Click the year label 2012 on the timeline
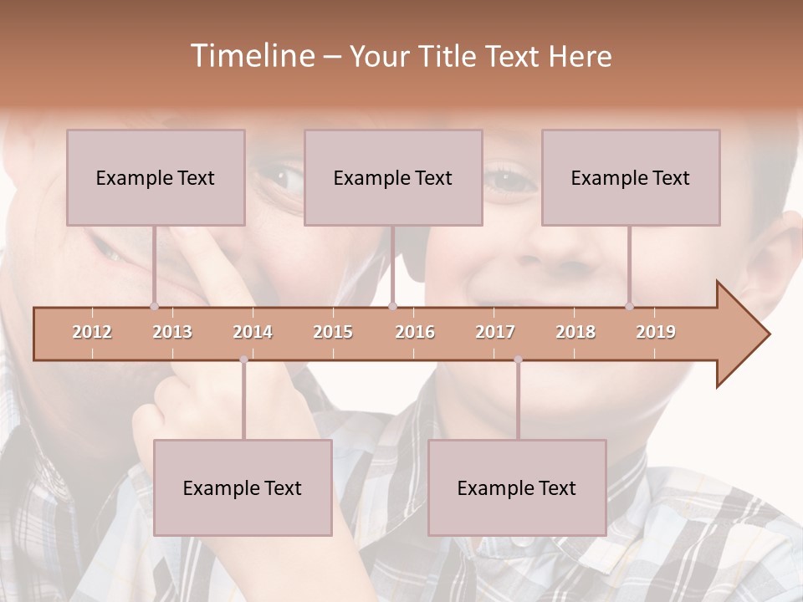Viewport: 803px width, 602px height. click(92, 332)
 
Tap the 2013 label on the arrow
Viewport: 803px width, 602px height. click(172, 332)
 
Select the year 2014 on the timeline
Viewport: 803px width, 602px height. click(253, 332)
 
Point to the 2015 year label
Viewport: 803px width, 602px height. click(333, 332)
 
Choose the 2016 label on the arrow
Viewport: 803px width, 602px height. click(415, 332)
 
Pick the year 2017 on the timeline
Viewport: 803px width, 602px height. click(495, 332)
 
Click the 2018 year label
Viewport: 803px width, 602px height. click(575, 332)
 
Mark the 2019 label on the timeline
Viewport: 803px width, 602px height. click(656, 332)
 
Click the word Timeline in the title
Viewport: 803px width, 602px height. click(251, 56)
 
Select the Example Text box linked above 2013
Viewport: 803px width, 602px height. click(156, 177)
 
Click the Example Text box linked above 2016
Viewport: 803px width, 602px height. click(393, 177)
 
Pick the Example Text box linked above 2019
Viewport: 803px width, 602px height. click(631, 177)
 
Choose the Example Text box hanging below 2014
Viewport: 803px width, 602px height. click(243, 487)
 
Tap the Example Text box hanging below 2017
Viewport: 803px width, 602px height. click(517, 487)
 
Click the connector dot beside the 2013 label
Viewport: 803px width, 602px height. click(154, 306)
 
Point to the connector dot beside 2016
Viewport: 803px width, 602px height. click(393, 306)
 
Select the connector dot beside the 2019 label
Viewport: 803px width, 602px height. click(629, 306)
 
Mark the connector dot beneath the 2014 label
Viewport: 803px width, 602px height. click(243, 360)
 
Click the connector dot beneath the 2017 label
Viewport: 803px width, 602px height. click(518, 360)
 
